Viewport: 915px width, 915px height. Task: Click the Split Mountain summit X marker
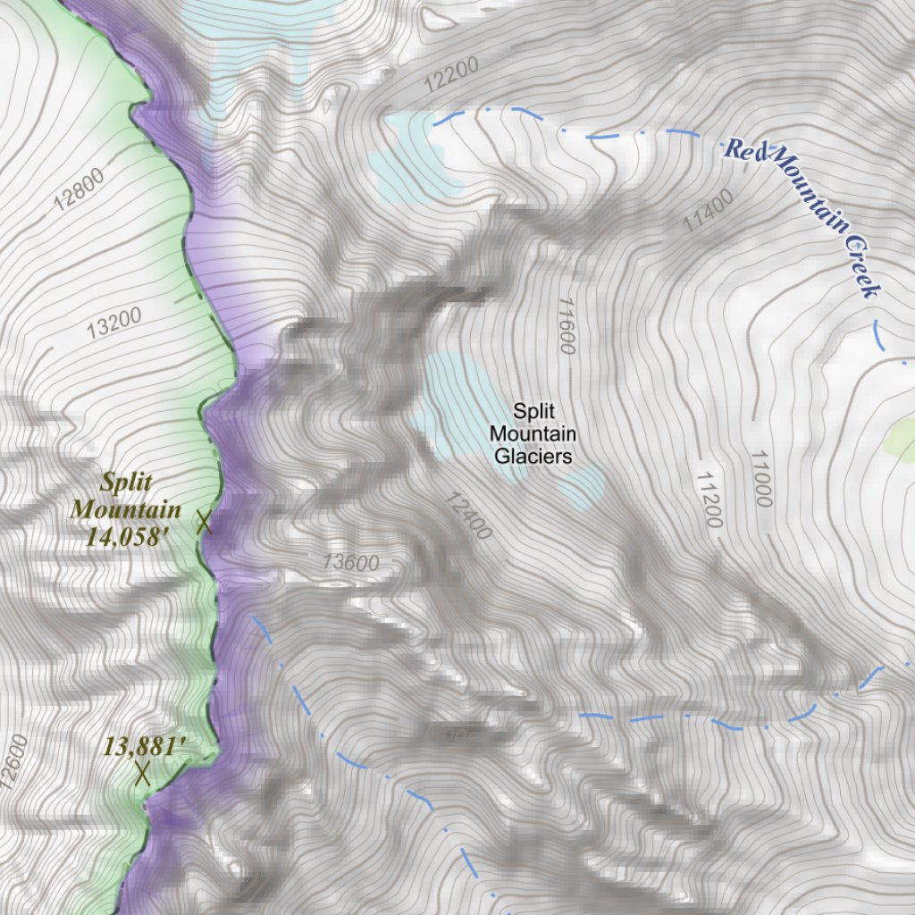coord(204,522)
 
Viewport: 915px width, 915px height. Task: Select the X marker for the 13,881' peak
coord(141,773)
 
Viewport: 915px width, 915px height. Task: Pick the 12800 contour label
coord(79,189)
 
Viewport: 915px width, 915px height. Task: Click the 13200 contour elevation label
coord(114,323)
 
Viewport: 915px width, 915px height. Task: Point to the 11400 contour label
coord(708,211)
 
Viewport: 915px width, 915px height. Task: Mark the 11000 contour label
coord(760,479)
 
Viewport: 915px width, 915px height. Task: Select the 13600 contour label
coord(351,563)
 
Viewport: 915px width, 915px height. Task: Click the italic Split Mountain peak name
coord(125,496)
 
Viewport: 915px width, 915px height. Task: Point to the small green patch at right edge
coord(901,438)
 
